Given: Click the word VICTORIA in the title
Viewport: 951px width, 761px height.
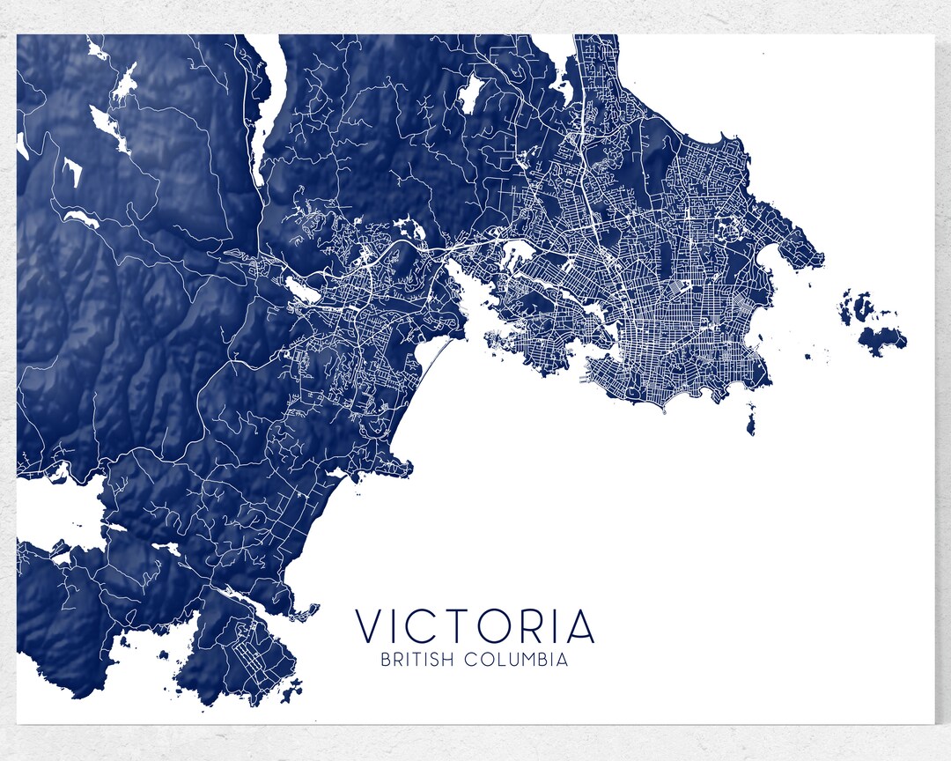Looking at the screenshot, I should tap(475, 626).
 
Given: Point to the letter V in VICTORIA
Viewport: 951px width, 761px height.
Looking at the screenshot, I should tap(371, 626).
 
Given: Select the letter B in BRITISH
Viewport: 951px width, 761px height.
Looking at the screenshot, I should tap(385, 660).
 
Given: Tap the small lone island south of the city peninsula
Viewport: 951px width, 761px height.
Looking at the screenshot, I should tap(750, 418).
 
